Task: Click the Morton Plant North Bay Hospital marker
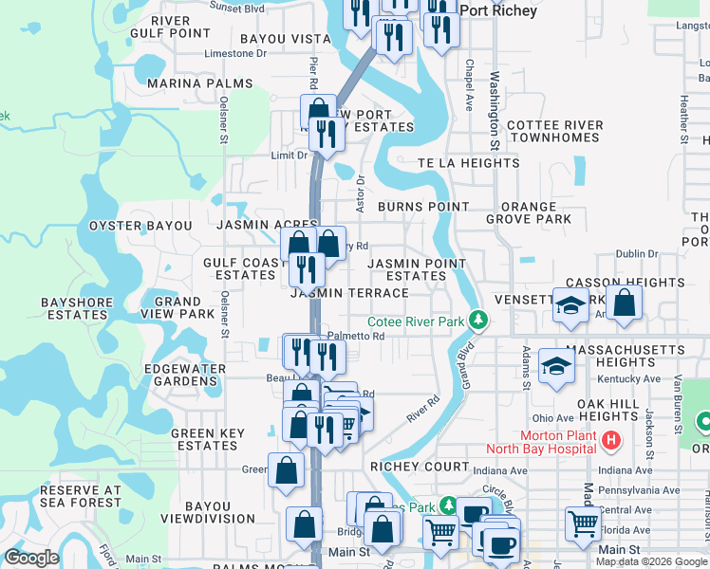pyautogui.click(x=611, y=441)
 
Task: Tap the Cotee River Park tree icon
pyautogui.click(x=480, y=321)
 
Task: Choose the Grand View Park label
pyautogui.click(x=177, y=308)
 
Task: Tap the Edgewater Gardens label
pyautogui.click(x=185, y=375)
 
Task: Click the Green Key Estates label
pyautogui.click(x=204, y=440)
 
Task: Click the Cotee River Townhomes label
pyautogui.click(x=555, y=131)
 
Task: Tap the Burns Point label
pyautogui.click(x=423, y=206)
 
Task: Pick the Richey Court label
pyautogui.click(x=420, y=467)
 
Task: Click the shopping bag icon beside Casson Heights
pyautogui.click(x=625, y=303)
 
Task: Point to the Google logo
pyautogui.click(x=31, y=558)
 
